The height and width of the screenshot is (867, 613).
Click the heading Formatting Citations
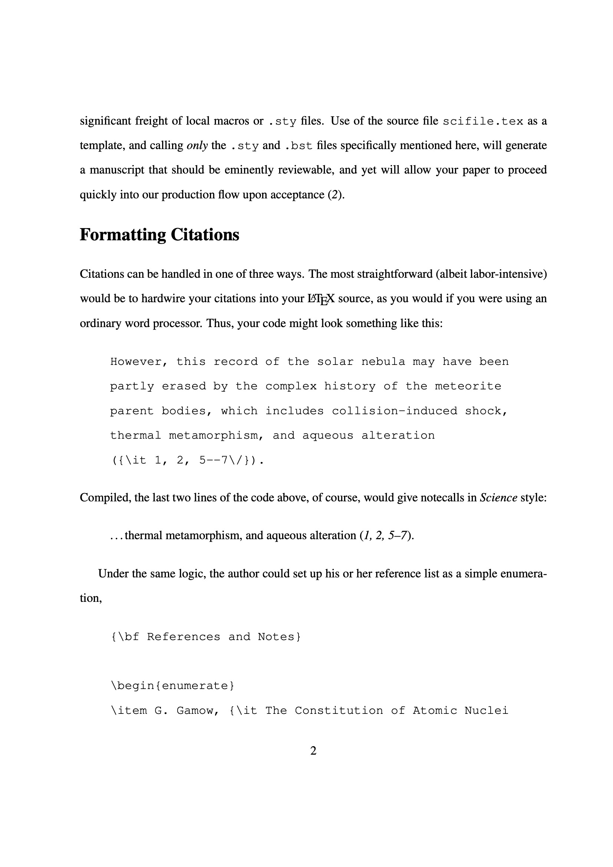159,234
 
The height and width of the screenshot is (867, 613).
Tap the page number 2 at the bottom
313,751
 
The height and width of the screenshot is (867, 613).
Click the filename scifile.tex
483,121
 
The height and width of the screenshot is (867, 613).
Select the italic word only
197,145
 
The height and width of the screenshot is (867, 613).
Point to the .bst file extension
299,146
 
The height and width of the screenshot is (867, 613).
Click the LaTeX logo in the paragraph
322,299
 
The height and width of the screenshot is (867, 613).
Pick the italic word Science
498,497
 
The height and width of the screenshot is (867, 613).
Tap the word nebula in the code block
383,362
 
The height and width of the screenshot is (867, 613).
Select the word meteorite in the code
468,386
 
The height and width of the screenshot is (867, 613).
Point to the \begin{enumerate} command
172,685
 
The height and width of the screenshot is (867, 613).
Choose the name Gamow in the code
198,710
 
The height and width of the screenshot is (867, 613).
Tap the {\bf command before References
125,637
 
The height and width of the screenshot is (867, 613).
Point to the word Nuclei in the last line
486,710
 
